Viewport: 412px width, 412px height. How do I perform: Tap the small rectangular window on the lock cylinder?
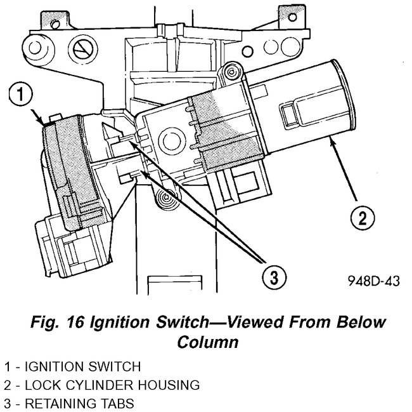(x=292, y=117)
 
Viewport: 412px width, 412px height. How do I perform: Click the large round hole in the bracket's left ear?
(x=32, y=47)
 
